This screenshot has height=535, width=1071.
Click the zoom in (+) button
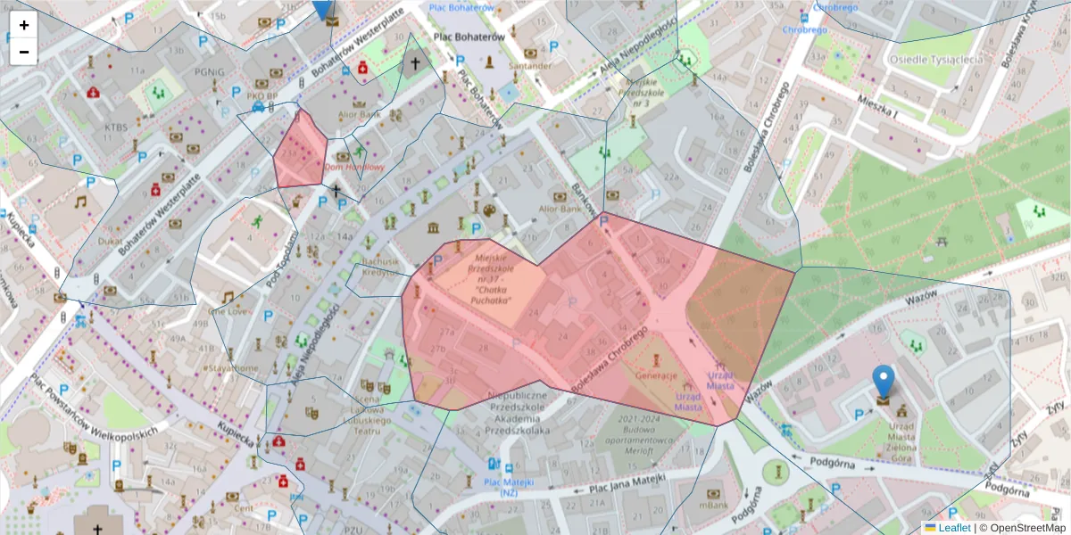24,25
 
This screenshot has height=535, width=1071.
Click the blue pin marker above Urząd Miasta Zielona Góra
884,381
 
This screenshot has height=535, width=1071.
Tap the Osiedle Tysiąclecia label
935,59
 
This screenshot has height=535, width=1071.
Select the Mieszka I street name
876,108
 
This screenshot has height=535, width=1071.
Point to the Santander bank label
530,66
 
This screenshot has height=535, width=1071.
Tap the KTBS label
116,128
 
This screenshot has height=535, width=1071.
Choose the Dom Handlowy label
353,167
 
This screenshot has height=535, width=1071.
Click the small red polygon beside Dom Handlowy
299,152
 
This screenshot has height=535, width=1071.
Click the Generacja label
657,376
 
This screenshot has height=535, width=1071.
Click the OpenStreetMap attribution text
1026,528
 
